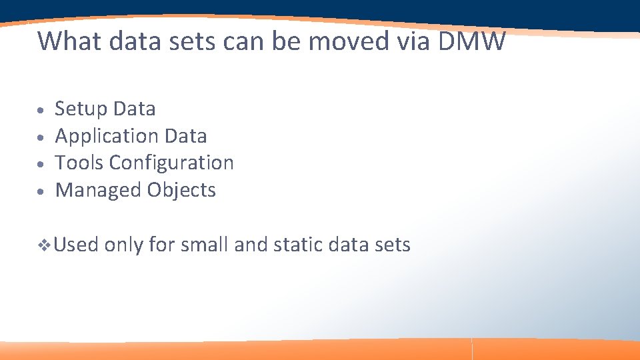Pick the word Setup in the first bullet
[x=81, y=109]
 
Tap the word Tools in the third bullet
[x=79, y=163]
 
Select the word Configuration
[x=172, y=163]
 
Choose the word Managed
[x=98, y=191]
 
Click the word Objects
[x=182, y=191]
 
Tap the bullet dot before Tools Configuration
[x=41, y=164]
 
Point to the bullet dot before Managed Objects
[x=41, y=191]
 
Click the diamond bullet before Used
[x=44, y=246]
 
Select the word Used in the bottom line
[x=76, y=245]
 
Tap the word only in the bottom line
[x=123, y=246]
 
